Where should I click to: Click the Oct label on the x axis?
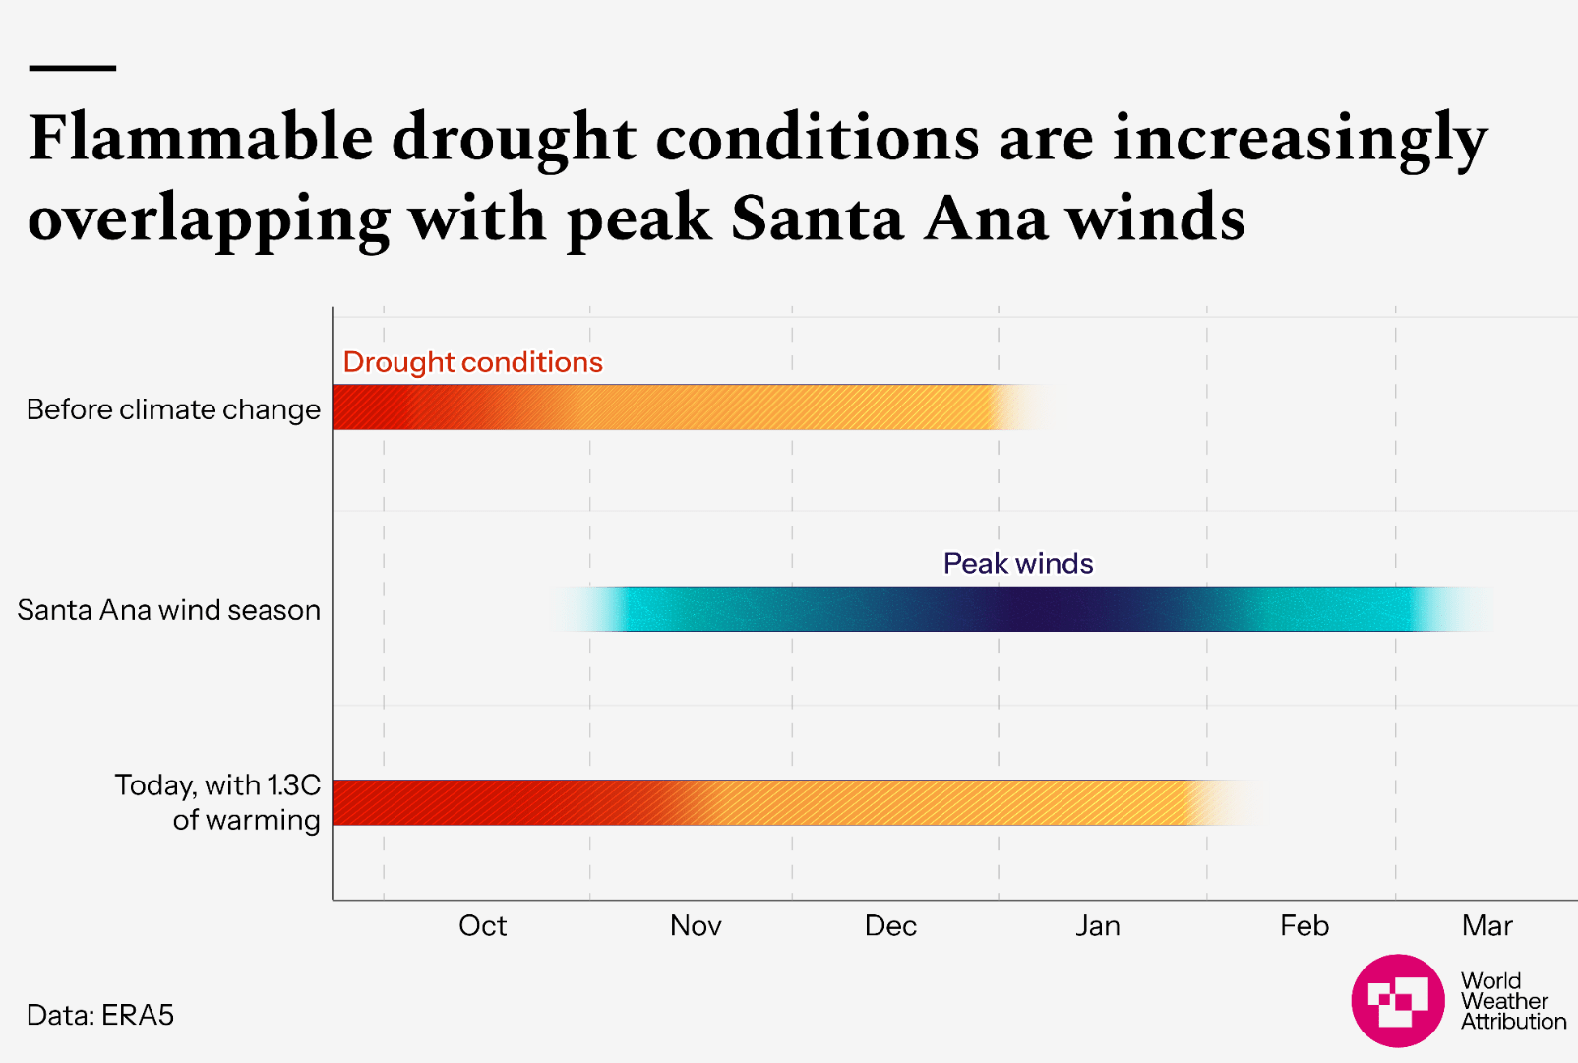click(482, 926)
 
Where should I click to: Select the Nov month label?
click(696, 926)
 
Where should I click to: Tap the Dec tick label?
click(890, 926)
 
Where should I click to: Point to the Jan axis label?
click(1098, 926)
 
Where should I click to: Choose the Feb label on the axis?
click(1305, 926)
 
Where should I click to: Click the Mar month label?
click(1487, 926)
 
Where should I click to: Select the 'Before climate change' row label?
click(173, 409)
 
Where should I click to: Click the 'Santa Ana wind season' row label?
click(169, 610)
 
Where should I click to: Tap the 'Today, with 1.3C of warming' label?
click(218, 802)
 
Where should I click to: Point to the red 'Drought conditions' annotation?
click(472, 362)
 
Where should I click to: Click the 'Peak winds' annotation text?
click(1018, 563)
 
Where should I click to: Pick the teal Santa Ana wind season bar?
click(1023, 609)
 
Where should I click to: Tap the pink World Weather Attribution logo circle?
click(1398, 1000)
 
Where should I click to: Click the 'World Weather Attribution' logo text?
click(1512, 1001)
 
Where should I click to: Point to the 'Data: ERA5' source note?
click(100, 1015)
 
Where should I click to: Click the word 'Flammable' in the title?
click(202, 137)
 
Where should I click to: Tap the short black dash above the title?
click(73, 68)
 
